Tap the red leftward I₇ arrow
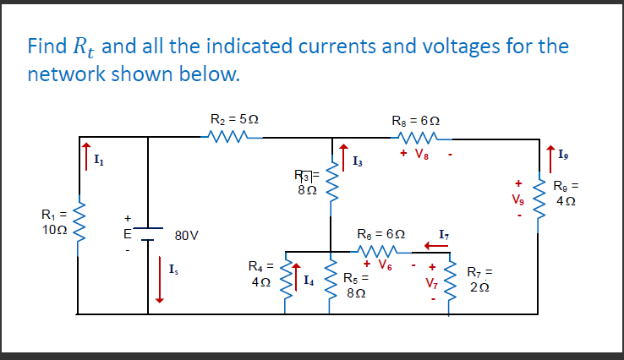[435, 246]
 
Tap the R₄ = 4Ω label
[260, 275]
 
